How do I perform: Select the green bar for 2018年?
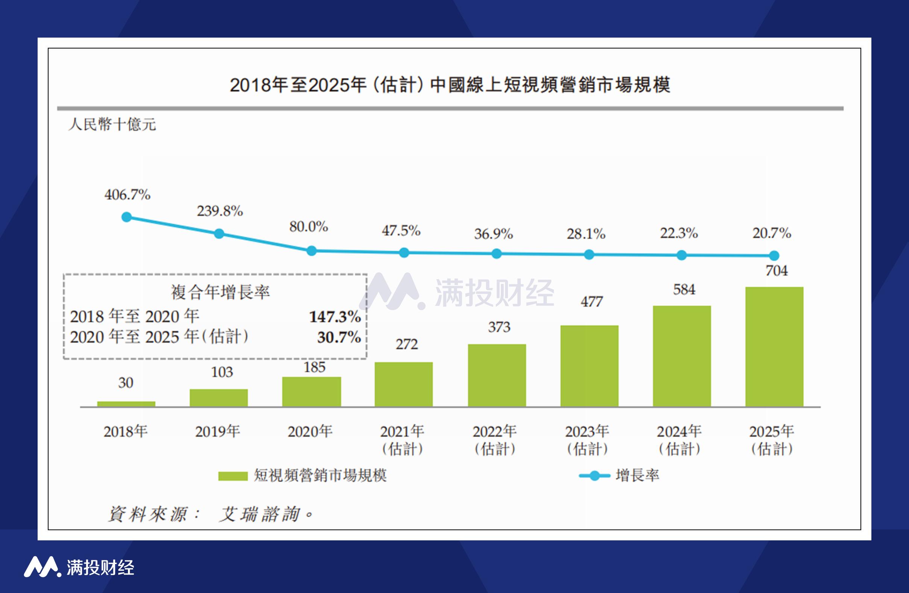tap(126, 404)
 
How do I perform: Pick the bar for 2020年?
tap(311, 391)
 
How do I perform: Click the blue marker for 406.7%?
tap(126, 217)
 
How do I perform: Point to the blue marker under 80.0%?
tap(312, 251)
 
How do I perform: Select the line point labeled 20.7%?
tap(774, 255)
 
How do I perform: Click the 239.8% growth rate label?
tap(220, 211)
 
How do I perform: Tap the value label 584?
tap(684, 290)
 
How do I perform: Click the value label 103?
tap(222, 372)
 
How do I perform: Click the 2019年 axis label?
tap(217, 432)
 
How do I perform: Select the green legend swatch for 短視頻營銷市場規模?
tap(233, 476)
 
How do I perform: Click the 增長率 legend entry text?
tap(637, 475)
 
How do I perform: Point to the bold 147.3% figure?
tap(334, 317)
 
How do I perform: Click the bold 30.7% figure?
tap(339, 337)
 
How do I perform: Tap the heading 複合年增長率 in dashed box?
tap(220, 292)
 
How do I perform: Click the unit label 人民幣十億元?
tap(112, 124)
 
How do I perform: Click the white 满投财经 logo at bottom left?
tap(79, 567)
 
